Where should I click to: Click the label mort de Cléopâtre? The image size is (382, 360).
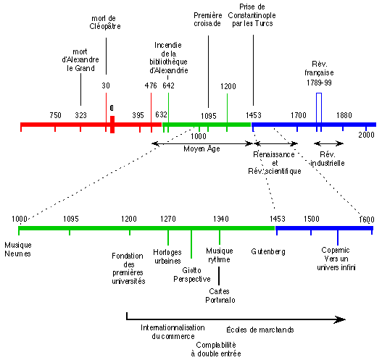click(105, 22)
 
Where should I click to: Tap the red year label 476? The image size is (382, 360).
click(151, 85)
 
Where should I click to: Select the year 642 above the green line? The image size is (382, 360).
click(168, 85)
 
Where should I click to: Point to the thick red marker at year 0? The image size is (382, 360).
click(112, 125)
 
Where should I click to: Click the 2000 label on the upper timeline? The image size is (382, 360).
click(366, 135)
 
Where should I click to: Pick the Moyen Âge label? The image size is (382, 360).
click(202, 148)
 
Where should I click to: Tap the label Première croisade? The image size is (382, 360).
click(208, 20)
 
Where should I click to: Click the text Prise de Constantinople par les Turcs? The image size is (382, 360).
click(252, 15)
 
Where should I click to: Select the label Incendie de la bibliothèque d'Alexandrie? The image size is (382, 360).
click(169, 58)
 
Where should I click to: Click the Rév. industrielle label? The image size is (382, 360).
click(328, 159)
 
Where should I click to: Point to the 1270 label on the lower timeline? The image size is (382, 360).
click(168, 219)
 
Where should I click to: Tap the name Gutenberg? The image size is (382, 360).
click(268, 251)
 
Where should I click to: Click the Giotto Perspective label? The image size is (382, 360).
click(192, 275)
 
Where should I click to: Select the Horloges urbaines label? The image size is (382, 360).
click(167, 256)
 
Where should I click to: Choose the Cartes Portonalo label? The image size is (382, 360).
click(220, 296)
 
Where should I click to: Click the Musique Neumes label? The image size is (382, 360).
click(18, 249)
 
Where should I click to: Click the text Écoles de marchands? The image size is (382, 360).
click(260, 330)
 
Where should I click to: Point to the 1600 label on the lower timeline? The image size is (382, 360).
click(367, 219)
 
